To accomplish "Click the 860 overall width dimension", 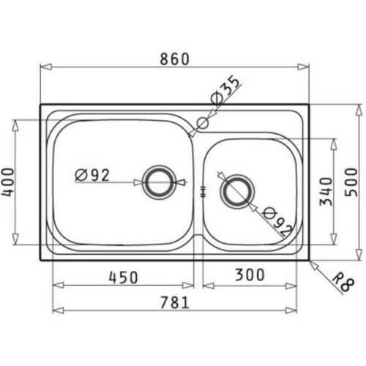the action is pyautogui.click(x=174, y=59).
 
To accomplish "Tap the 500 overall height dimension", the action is pyautogui.click(x=351, y=182).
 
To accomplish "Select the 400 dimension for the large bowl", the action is pyautogui.click(x=8, y=182).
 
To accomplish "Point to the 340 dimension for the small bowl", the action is pyautogui.click(x=326, y=192).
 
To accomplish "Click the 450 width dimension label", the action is pyautogui.click(x=123, y=277).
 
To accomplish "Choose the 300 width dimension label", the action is pyautogui.click(x=250, y=274).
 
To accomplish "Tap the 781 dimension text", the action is pyautogui.click(x=175, y=302).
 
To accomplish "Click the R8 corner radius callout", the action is pyautogui.click(x=343, y=283).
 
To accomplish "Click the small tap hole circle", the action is pyautogui.click(x=203, y=123).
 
